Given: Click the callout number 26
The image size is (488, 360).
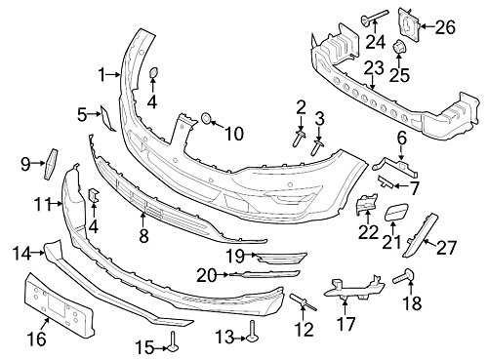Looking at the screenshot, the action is (x=445, y=27).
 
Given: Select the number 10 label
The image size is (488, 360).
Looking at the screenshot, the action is (x=234, y=134).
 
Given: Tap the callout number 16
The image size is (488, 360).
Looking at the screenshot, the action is (x=37, y=339).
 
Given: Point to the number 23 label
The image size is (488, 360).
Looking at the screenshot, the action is (x=374, y=68).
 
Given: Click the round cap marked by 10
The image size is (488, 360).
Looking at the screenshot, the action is (x=206, y=118).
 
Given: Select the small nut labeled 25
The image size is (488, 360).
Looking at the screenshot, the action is (x=399, y=48).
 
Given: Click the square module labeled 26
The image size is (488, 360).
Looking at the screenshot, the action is (x=409, y=24).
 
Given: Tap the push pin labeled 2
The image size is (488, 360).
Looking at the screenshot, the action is (x=300, y=139).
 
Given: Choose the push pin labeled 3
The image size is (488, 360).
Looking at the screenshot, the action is (x=317, y=147).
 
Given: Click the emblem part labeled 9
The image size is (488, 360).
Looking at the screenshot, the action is (x=51, y=164).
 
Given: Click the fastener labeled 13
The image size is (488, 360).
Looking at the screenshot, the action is (x=252, y=332).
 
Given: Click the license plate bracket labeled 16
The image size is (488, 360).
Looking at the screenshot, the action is (x=59, y=303).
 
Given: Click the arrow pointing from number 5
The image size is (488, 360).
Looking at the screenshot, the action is (x=95, y=114).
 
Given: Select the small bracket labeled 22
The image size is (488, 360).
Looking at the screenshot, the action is (x=366, y=204).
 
